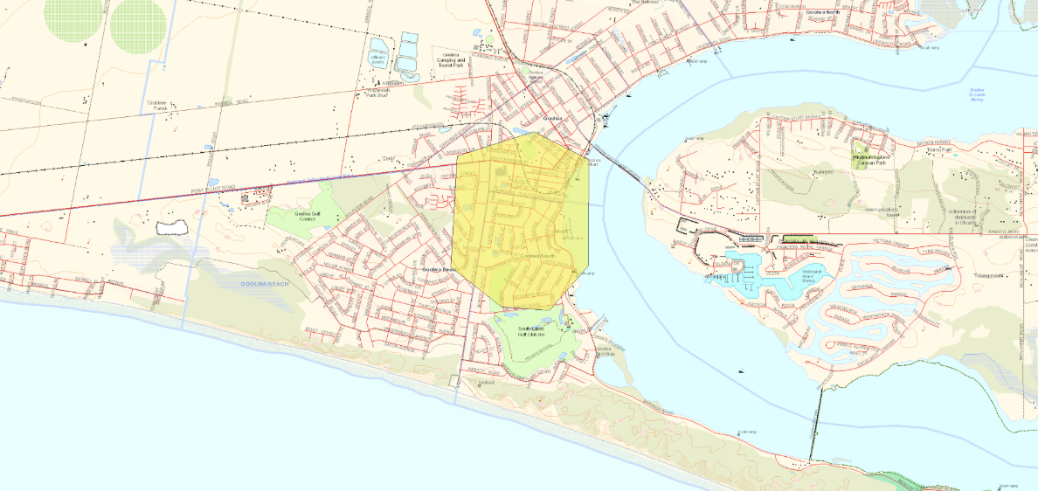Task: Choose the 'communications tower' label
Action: click(x=888, y=211)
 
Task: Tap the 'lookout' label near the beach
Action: click(x=487, y=382)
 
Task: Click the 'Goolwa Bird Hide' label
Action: click(x=605, y=351)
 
